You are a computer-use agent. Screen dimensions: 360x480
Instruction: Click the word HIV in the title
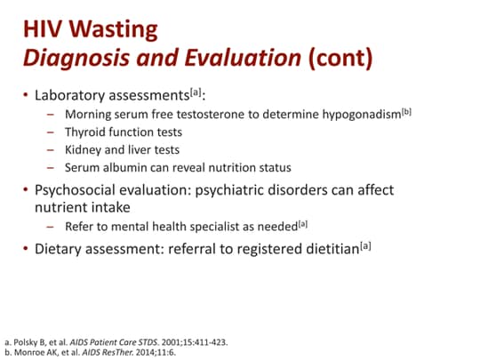tap(42, 29)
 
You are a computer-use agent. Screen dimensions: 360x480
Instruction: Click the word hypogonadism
tap(358, 115)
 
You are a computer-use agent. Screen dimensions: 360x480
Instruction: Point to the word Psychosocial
tap(79, 190)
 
